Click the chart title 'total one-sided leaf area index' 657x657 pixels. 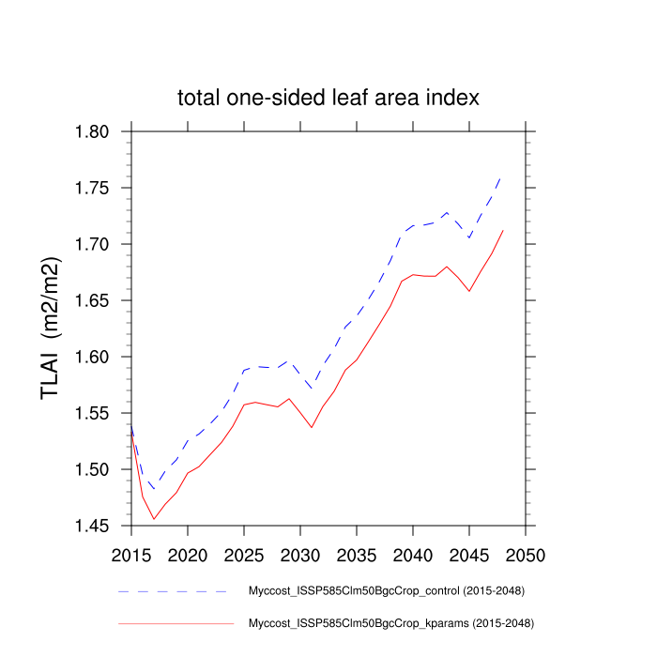[328, 98]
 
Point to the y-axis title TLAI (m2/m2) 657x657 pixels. [53, 328]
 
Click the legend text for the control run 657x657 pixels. [385, 592]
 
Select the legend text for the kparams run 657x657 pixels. [389, 622]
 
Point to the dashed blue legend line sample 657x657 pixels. [175, 592]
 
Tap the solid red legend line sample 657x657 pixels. [175, 622]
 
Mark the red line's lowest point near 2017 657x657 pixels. [154, 519]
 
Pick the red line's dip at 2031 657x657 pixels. [312, 428]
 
